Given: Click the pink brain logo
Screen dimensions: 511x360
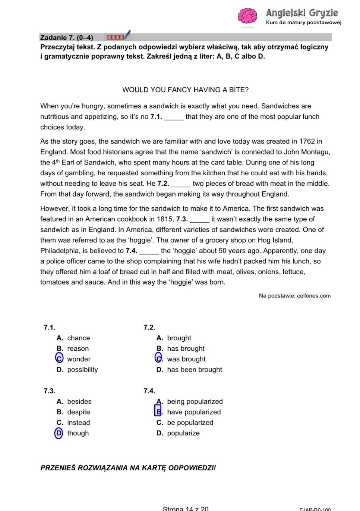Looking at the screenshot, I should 247,16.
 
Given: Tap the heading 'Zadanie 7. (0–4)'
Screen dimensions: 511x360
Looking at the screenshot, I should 67,37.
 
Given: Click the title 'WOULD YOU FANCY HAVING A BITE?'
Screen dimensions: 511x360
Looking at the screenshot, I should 185,90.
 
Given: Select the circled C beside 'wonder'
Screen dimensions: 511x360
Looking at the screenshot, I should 59,358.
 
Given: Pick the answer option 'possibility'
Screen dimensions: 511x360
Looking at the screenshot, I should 82,370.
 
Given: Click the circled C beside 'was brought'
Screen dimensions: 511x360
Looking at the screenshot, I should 159,358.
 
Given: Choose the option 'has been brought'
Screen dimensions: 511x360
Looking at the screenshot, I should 194,370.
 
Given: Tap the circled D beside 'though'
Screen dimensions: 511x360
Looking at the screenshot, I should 59,433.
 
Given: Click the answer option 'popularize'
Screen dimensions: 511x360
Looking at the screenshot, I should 183,433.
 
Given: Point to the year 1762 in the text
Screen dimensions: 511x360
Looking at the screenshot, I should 307,141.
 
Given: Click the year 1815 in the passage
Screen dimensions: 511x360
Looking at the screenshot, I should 165,219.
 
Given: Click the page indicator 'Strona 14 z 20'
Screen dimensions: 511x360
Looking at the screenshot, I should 186,508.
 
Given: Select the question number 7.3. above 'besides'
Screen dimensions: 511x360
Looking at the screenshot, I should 50,391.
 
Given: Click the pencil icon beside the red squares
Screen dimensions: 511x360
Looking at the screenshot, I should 127,35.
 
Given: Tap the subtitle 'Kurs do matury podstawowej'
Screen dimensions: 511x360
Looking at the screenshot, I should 303,22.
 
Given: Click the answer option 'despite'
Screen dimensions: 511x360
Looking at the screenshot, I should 78,412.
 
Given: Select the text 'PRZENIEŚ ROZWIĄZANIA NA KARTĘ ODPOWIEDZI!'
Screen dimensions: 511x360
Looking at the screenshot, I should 128,468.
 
